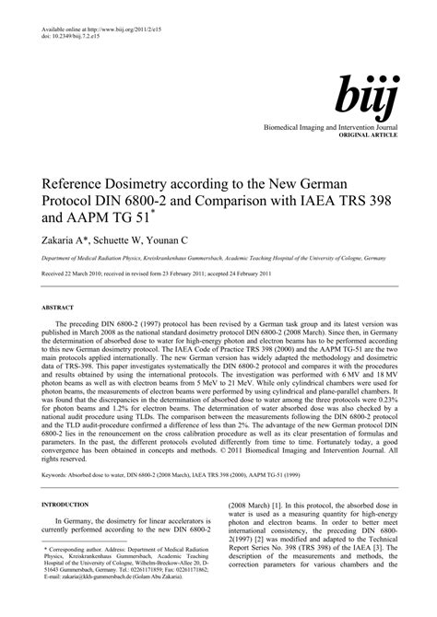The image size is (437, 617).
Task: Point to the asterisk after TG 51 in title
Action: [x=158, y=210]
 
